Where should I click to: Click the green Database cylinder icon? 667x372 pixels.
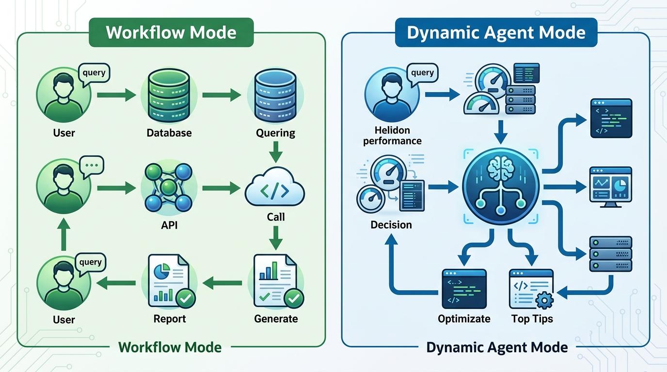click(169, 95)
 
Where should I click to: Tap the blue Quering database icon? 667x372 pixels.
click(275, 95)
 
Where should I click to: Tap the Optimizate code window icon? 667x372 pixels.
click(464, 289)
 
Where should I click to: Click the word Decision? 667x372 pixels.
click(391, 225)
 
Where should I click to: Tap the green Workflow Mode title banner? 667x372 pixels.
click(171, 32)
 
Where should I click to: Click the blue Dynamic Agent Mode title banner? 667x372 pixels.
click(496, 32)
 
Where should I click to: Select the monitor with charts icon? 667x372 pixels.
click(610, 187)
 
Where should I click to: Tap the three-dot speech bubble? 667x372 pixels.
click(92, 165)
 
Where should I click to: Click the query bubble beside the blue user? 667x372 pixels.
click(422, 73)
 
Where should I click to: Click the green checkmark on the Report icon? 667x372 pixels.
click(185, 299)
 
